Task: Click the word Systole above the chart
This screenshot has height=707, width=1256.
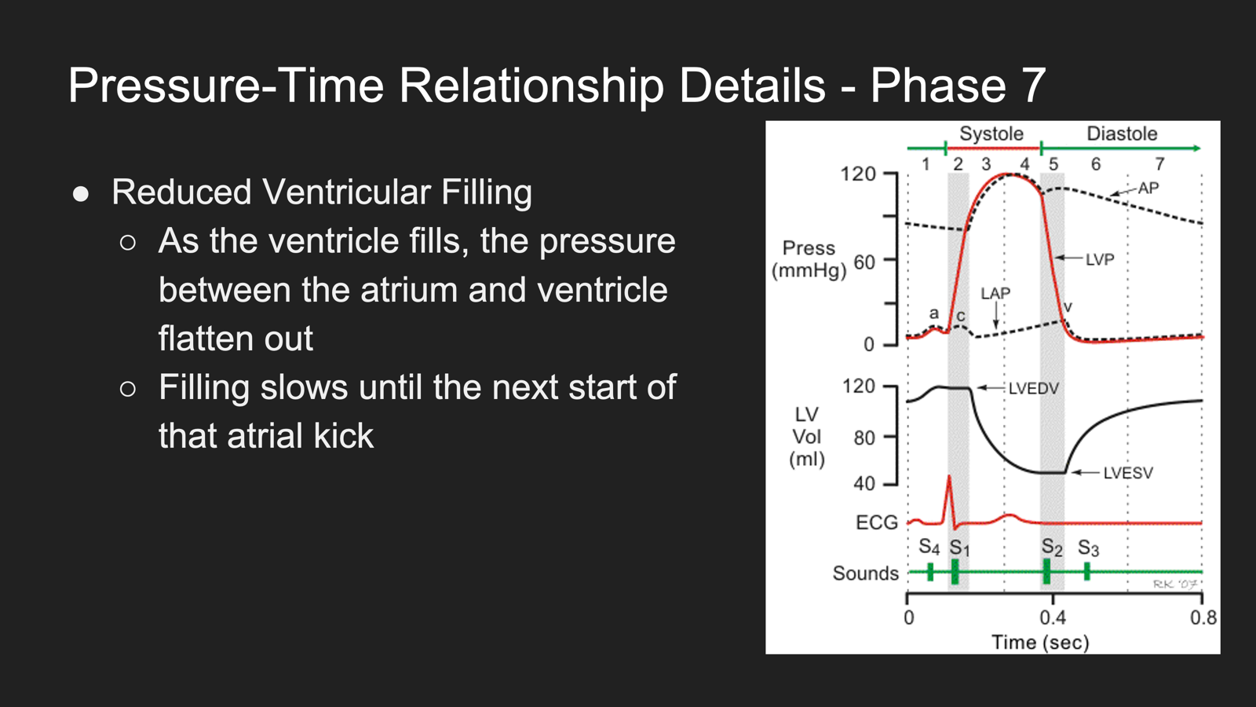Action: click(x=991, y=134)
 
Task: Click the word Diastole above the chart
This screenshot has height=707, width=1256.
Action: click(x=1122, y=134)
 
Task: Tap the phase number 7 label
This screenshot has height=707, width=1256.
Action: click(x=1159, y=164)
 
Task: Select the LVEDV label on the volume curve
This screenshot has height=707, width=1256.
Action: click(x=1033, y=388)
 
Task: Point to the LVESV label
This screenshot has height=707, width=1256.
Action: click(x=1128, y=473)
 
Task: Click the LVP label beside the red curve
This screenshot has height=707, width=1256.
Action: click(x=1100, y=259)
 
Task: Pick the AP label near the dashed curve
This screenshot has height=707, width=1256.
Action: click(x=1148, y=188)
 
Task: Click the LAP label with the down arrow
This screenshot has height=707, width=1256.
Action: click(x=995, y=294)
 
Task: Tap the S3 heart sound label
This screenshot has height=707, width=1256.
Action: click(x=1088, y=548)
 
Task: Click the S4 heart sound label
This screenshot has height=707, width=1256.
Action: click(x=929, y=547)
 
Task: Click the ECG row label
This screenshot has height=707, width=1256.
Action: click(x=876, y=522)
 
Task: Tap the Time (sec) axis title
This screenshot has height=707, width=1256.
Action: click(x=1040, y=642)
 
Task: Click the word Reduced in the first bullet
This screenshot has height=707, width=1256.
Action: click(x=181, y=192)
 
